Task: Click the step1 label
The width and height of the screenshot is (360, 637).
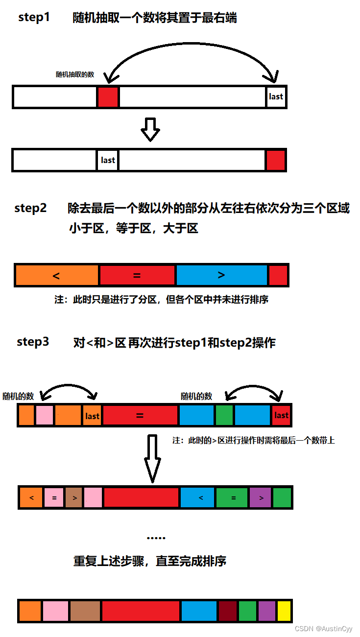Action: click(x=34, y=17)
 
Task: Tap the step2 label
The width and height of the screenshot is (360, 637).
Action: click(x=30, y=208)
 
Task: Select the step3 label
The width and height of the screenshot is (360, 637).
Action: click(x=33, y=342)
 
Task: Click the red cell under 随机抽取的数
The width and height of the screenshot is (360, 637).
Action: click(x=108, y=97)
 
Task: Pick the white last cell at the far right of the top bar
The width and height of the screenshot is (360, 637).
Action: click(x=276, y=97)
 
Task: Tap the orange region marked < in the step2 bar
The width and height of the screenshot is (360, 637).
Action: click(x=57, y=275)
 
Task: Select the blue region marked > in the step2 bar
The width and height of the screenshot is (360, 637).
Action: click(x=221, y=275)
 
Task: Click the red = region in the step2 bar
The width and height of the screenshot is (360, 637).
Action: click(x=137, y=275)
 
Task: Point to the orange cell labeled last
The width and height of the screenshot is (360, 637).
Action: click(x=92, y=416)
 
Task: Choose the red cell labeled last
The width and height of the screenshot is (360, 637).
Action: click(x=281, y=415)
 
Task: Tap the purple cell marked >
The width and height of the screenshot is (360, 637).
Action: click(x=261, y=498)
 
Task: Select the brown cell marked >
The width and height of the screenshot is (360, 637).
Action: click(x=73, y=498)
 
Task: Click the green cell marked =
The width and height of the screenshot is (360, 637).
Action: click(x=233, y=498)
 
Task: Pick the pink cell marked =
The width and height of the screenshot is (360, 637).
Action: click(x=54, y=498)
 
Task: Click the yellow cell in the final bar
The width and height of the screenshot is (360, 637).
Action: click(x=284, y=611)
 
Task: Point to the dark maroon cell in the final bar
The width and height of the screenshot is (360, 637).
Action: click(x=228, y=611)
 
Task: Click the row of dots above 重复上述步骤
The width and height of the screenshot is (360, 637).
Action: click(x=156, y=538)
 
